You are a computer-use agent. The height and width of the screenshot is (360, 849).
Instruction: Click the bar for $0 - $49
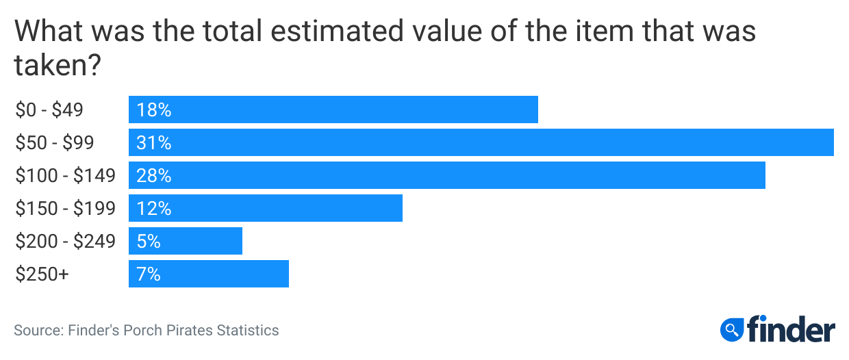tap(333, 110)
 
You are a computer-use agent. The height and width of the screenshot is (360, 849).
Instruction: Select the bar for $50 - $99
tap(481, 142)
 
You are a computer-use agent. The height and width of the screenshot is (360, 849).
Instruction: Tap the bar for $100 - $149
tap(446, 175)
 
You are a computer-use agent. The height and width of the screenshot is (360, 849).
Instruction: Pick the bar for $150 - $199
tap(266, 208)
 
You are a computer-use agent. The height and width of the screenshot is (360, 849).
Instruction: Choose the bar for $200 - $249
tap(186, 241)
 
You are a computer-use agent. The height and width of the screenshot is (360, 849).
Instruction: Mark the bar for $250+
tap(209, 274)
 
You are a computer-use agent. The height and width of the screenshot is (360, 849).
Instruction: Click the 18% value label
tap(153, 110)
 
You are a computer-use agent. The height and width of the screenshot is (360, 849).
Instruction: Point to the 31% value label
tap(153, 143)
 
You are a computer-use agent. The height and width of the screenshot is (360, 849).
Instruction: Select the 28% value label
tap(153, 176)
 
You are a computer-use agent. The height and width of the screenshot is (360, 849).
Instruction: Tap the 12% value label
tap(153, 209)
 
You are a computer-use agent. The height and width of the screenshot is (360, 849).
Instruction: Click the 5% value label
tap(149, 242)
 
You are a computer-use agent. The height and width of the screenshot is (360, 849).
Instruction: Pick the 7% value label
tap(149, 274)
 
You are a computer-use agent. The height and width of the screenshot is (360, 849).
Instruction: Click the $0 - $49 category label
tap(49, 110)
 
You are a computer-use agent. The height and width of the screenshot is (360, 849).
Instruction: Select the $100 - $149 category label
tap(66, 176)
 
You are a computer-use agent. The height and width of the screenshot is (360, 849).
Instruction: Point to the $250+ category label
tap(42, 274)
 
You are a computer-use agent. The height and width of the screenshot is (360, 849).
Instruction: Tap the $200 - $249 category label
tap(66, 242)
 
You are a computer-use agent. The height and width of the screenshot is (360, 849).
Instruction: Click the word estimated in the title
tap(345, 32)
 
